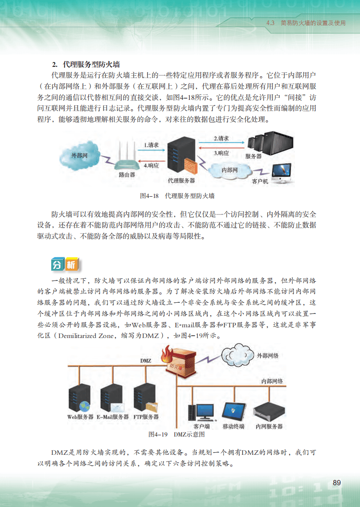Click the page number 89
[336, 482]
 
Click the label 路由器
[127, 175]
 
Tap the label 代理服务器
[181, 181]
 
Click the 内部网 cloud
[229, 170]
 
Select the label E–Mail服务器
[113, 417]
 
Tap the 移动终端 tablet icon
[233, 410]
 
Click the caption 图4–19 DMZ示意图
[176, 434]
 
